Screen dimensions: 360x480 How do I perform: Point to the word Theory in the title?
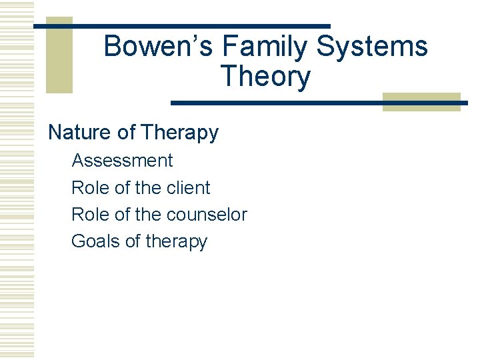point(265,77)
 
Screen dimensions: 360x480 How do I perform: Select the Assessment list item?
point(122,161)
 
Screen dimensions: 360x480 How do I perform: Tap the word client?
point(188,188)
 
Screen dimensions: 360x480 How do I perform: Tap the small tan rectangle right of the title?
point(421,101)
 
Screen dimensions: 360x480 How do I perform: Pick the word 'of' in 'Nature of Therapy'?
point(126,133)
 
